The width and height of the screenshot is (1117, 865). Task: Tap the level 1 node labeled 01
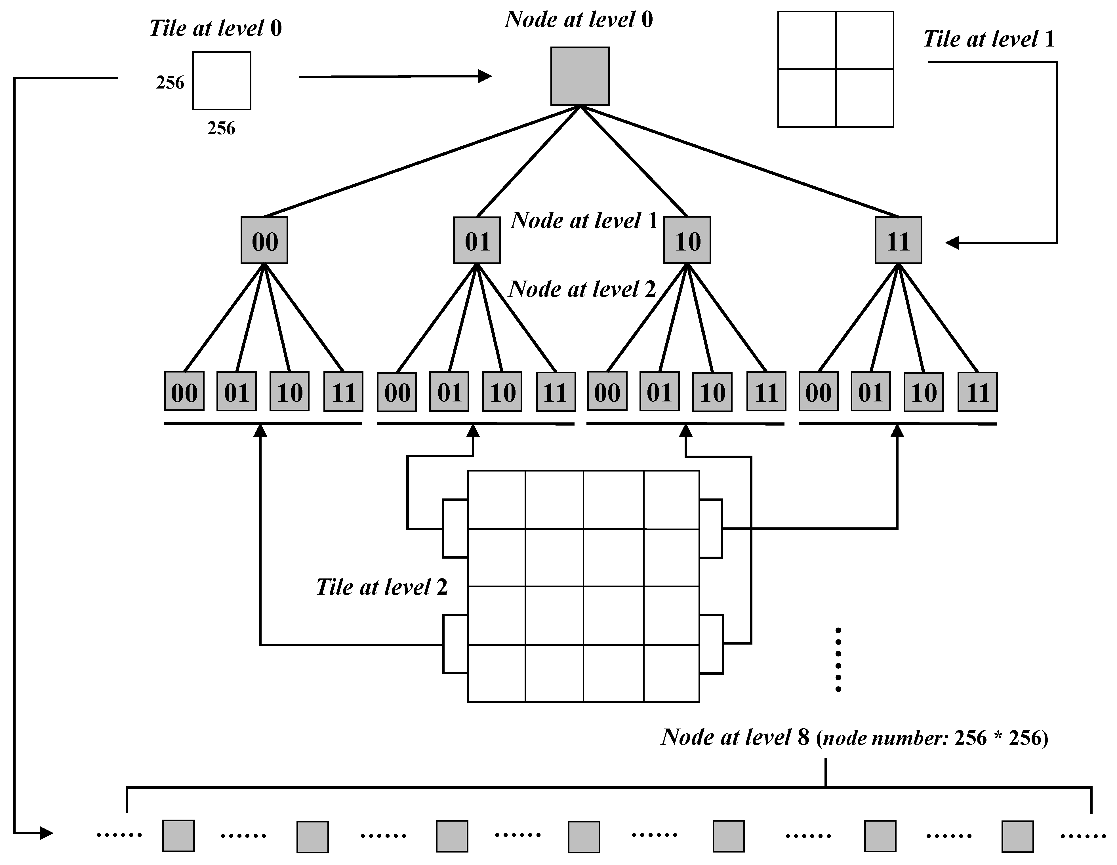click(x=477, y=240)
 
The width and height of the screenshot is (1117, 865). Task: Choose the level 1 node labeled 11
click(x=898, y=240)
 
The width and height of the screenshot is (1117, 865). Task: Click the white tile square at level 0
click(x=222, y=81)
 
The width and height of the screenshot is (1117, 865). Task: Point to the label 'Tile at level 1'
click(x=989, y=39)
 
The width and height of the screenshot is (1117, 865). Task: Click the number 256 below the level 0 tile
click(x=221, y=129)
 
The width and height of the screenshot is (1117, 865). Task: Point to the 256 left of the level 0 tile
click(x=170, y=83)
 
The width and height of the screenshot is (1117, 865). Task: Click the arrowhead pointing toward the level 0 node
click(x=485, y=76)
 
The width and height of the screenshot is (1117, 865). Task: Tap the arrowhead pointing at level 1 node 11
click(x=952, y=243)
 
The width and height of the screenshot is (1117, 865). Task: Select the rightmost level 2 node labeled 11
click(x=977, y=392)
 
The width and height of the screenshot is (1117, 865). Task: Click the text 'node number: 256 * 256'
click(x=933, y=738)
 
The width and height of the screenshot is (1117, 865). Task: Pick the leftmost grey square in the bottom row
click(x=178, y=836)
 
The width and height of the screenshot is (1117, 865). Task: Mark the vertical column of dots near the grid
click(x=838, y=660)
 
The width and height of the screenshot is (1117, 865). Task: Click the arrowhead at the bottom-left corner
click(x=47, y=834)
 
